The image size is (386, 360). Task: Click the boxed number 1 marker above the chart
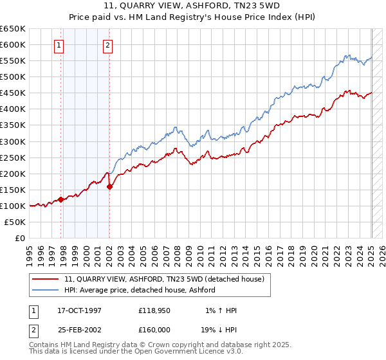click(x=59, y=45)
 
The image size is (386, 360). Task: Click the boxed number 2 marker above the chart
click(x=107, y=45)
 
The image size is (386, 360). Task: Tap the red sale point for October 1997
click(x=61, y=199)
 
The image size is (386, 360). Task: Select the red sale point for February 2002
click(x=109, y=186)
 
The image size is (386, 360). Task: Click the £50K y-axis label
click(x=15, y=222)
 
